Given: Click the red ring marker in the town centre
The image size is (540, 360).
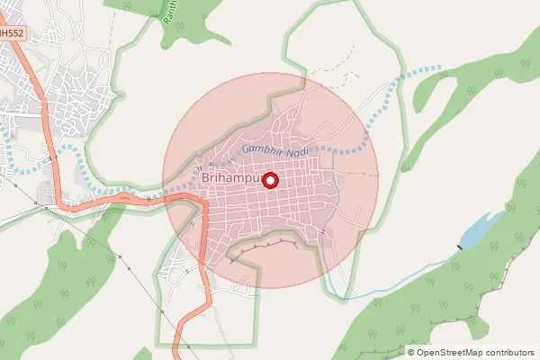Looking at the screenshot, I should pos(269,180).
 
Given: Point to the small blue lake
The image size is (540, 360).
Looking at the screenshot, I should pos(477,230).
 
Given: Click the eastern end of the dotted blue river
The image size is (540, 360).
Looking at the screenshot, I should pos(438,67).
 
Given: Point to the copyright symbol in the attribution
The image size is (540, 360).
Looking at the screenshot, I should pos(411,352).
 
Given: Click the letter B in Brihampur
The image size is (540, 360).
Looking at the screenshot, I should pos(209,180).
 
